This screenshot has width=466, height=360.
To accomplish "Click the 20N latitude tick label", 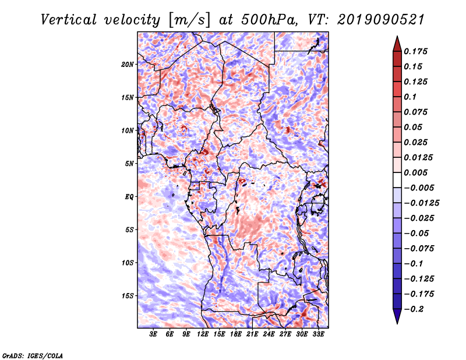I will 128,64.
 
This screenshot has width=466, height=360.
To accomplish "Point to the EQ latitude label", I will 130,196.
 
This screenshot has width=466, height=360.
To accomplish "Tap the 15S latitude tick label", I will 128,295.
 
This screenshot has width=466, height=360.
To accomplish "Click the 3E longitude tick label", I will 154,334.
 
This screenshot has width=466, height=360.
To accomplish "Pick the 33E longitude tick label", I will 318,334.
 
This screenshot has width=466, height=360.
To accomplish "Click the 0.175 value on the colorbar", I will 416,51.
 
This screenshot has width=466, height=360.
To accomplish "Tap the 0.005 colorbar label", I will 416,173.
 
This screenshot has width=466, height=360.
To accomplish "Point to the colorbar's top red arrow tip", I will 396,37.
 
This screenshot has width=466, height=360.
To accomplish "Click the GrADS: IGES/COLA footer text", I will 33,355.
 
